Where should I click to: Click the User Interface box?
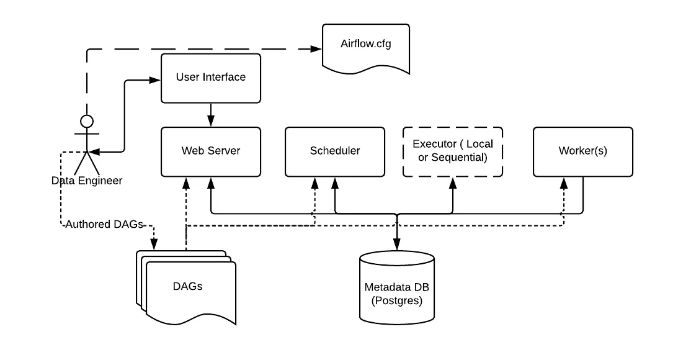pyautogui.click(x=211, y=78)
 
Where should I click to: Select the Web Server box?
pyautogui.click(x=211, y=151)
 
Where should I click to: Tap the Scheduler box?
pyautogui.click(x=335, y=151)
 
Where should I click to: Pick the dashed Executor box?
pyautogui.click(x=453, y=151)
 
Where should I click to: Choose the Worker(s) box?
pyautogui.click(x=583, y=151)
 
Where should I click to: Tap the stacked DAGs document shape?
pyautogui.click(x=187, y=288)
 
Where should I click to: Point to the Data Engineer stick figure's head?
pyautogui.click(x=87, y=120)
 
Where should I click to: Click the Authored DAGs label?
pyautogui.click(x=104, y=224)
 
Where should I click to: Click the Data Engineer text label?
pyautogui.click(x=87, y=181)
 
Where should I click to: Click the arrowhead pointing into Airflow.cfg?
pyautogui.click(x=318, y=50)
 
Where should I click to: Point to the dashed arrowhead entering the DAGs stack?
pyautogui.click(x=154, y=245)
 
